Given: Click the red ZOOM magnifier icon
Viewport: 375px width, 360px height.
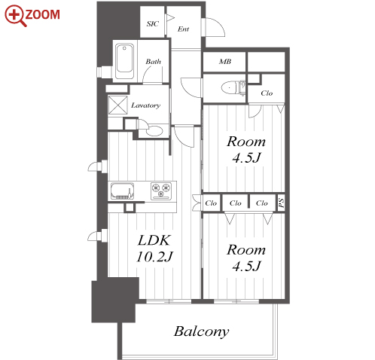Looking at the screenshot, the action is (16, 16).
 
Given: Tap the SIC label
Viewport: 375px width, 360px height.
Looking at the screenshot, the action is (153, 24).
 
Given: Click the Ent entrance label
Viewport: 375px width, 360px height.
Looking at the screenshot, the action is (183, 29).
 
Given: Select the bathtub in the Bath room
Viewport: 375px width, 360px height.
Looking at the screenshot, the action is (124, 61).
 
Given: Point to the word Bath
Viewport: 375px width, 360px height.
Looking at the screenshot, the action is (153, 62).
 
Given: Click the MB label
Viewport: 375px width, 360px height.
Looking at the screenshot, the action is (225, 62).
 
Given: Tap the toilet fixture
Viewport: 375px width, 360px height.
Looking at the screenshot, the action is (233, 88).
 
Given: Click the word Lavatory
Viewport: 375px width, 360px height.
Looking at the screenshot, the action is (145, 105).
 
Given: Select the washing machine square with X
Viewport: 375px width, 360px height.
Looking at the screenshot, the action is (117, 105).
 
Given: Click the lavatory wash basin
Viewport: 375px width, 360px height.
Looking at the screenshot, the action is (154, 130).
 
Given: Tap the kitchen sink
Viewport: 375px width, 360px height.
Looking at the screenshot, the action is (122, 191).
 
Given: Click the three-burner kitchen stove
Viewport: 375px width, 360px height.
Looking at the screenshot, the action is (161, 191).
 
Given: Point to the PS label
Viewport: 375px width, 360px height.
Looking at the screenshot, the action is (282, 203).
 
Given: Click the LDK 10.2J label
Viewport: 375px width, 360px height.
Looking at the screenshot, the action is (154, 249).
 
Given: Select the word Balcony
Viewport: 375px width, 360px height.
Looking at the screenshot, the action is (202, 331).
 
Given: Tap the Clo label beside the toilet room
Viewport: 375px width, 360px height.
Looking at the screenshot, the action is (267, 93).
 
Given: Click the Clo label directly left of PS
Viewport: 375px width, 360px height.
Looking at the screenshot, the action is (262, 203).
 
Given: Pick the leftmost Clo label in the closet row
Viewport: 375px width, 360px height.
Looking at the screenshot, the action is (211, 203).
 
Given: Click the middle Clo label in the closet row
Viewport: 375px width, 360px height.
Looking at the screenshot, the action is (236, 203).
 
